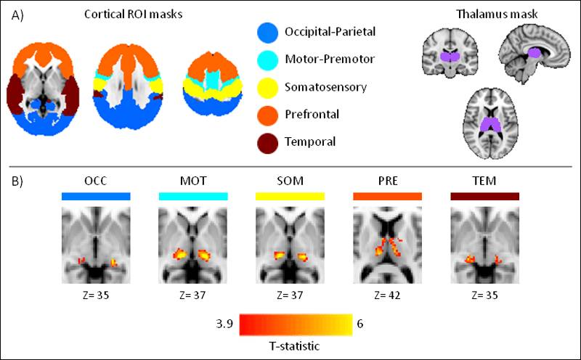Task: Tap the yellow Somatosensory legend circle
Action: [x=268, y=86]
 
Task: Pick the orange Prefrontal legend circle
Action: [x=268, y=114]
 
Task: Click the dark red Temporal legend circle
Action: [x=268, y=142]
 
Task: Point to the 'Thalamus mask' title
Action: [x=492, y=15]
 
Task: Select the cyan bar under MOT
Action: [x=193, y=196]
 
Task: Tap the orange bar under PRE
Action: [x=387, y=196]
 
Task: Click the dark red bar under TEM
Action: [x=484, y=196]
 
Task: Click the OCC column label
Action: [x=97, y=181]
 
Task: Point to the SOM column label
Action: [x=290, y=181]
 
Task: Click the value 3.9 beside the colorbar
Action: [x=224, y=324]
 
